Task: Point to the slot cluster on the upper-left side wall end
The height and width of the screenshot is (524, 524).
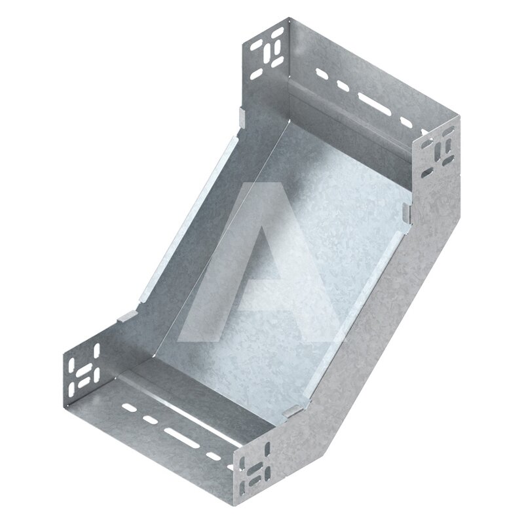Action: coord(267,54)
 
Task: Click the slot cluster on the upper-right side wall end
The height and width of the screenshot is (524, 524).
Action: coord(438,151)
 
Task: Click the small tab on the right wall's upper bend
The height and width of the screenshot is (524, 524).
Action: coord(406,213)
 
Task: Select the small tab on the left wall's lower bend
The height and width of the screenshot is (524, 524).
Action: coord(127,316)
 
